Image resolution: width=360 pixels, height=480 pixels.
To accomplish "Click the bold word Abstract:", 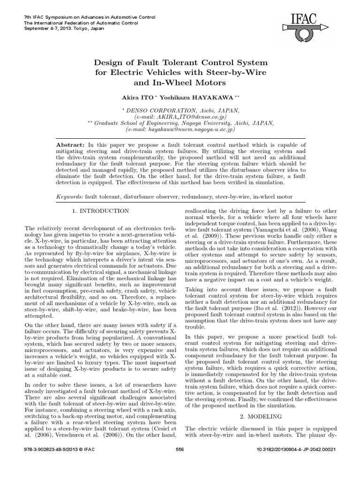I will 70,146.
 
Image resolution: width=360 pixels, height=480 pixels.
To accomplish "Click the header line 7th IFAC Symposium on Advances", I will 77,17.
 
